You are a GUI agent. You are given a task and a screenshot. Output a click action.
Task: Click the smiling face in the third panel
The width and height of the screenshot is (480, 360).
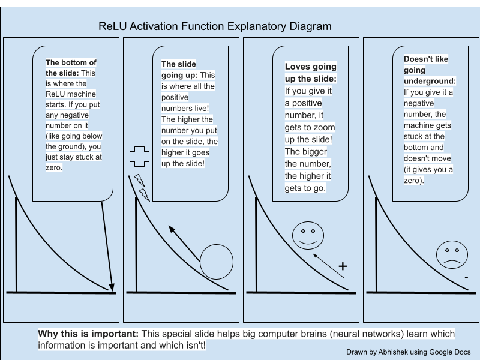pos(308,235)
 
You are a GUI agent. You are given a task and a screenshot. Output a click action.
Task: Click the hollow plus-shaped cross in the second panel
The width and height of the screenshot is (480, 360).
pos(139,156)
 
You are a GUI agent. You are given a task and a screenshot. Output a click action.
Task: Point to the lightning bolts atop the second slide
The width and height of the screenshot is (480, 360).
pos(141,187)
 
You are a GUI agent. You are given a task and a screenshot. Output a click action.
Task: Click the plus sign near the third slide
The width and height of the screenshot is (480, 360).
pos(343,266)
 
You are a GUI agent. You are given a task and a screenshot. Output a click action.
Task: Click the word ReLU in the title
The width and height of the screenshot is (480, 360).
pos(115,26)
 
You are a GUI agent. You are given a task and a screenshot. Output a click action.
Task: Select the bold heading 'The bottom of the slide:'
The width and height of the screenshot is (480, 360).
pos(71,67)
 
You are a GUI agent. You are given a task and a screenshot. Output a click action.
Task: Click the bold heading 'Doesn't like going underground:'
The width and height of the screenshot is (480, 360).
pos(429,70)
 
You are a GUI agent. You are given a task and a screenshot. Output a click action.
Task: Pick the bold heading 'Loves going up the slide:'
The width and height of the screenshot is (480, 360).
pos(310,73)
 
